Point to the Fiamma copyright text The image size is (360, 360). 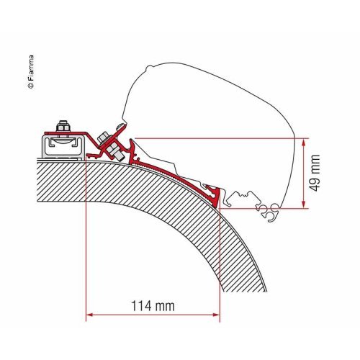[x=30, y=68]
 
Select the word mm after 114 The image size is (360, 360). [x=166, y=306]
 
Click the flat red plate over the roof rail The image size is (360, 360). [x=79, y=133]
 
